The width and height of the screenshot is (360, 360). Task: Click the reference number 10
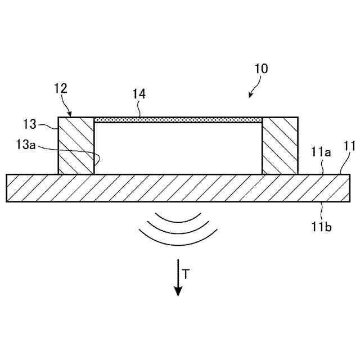click(x=262, y=69)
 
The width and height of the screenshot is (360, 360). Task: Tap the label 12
click(x=61, y=88)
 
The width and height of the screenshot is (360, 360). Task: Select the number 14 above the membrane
click(x=139, y=94)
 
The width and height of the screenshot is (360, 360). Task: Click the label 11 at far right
click(x=349, y=147)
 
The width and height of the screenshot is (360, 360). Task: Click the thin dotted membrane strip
click(x=178, y=120)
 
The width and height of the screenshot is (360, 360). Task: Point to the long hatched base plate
click(x=178, y=188)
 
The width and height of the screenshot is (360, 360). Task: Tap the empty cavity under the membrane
click(x=178, y=148)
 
